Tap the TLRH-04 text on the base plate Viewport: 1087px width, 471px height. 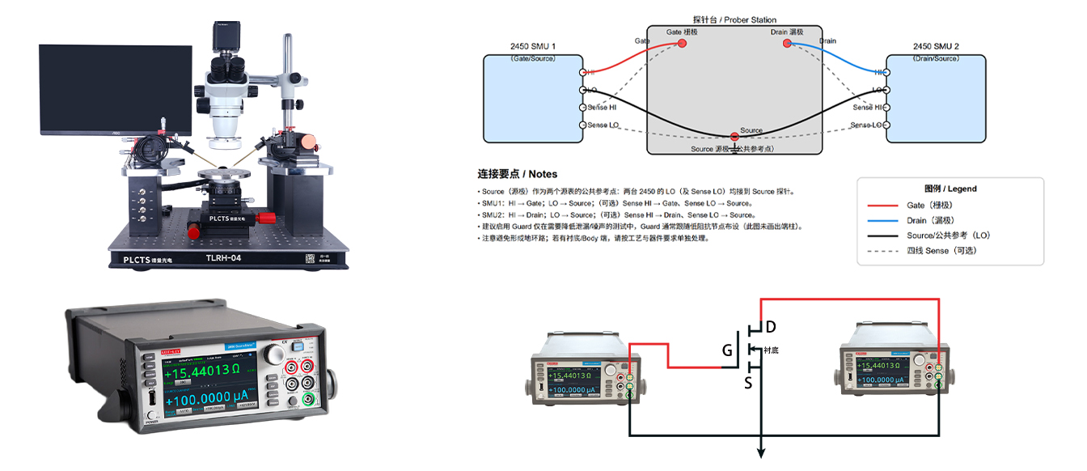[x=223, y=258]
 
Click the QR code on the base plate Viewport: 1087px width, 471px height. [x=311, y=259]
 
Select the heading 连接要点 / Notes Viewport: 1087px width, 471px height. [x=517, y=174]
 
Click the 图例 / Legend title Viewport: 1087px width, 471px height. [x=950, y=189]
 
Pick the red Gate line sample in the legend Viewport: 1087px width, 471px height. [x=882, y=206]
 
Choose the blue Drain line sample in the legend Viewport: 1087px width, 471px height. [x=882, y=220]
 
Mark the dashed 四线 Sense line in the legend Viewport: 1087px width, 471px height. [x=882, y=250]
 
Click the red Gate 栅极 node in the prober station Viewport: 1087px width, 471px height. [x=682, y=43]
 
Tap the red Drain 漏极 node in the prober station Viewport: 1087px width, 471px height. [x=787, y=43]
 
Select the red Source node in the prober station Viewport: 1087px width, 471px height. [x=734, y=136]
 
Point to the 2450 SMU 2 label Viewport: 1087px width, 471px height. [x=936, y=47]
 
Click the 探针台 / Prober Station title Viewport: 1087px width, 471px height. [x=734, y=19]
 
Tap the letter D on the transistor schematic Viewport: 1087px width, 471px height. [x=771, y=327]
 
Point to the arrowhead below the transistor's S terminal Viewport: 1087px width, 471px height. [x=760, y=454]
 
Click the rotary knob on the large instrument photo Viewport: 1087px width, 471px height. [x=276, y=354]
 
